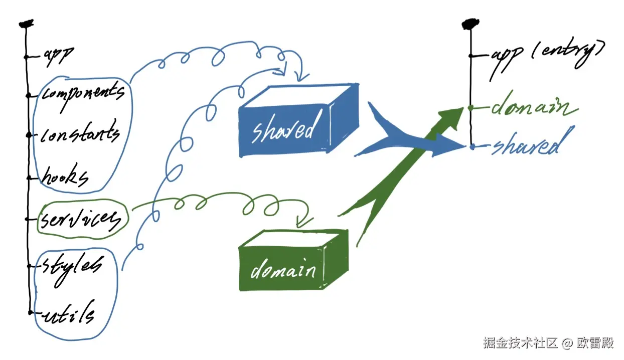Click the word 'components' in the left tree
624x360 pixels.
[x=82, y=93]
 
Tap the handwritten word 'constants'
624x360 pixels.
[x=80, y=134]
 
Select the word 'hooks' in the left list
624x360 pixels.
[x=66, y=176]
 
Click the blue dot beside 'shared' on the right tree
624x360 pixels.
[x=473, y=146]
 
